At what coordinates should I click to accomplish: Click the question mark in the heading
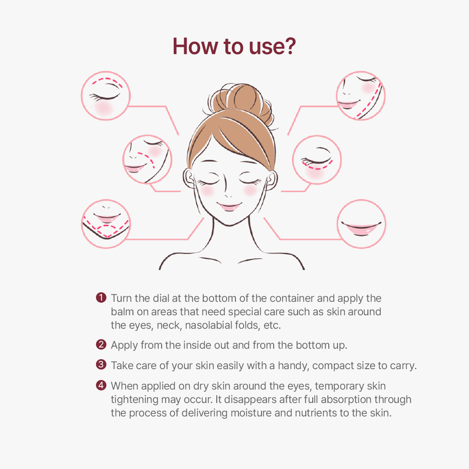(x=289, y=46)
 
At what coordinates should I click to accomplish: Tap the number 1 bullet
(x=101, y=297)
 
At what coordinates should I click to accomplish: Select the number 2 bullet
(x=101, y=344)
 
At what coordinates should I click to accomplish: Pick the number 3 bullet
(x=101, y=365)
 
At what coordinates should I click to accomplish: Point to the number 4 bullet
(x=101, y=385)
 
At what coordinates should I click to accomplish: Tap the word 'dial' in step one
(x=161, y=298)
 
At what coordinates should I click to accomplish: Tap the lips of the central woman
(x=229, y=206)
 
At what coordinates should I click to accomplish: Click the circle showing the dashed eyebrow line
(x=106, y=96)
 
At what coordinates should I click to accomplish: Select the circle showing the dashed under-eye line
(x=317, y=160)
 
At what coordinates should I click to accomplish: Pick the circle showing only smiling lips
(x=361, y=224)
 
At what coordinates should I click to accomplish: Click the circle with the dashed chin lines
(x=106, y=224)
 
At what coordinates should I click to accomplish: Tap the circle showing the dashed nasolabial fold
(x=147, y=159)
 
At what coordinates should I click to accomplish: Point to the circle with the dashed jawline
(x=361, y=96)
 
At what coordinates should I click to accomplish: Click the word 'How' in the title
(x=195, y=46)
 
